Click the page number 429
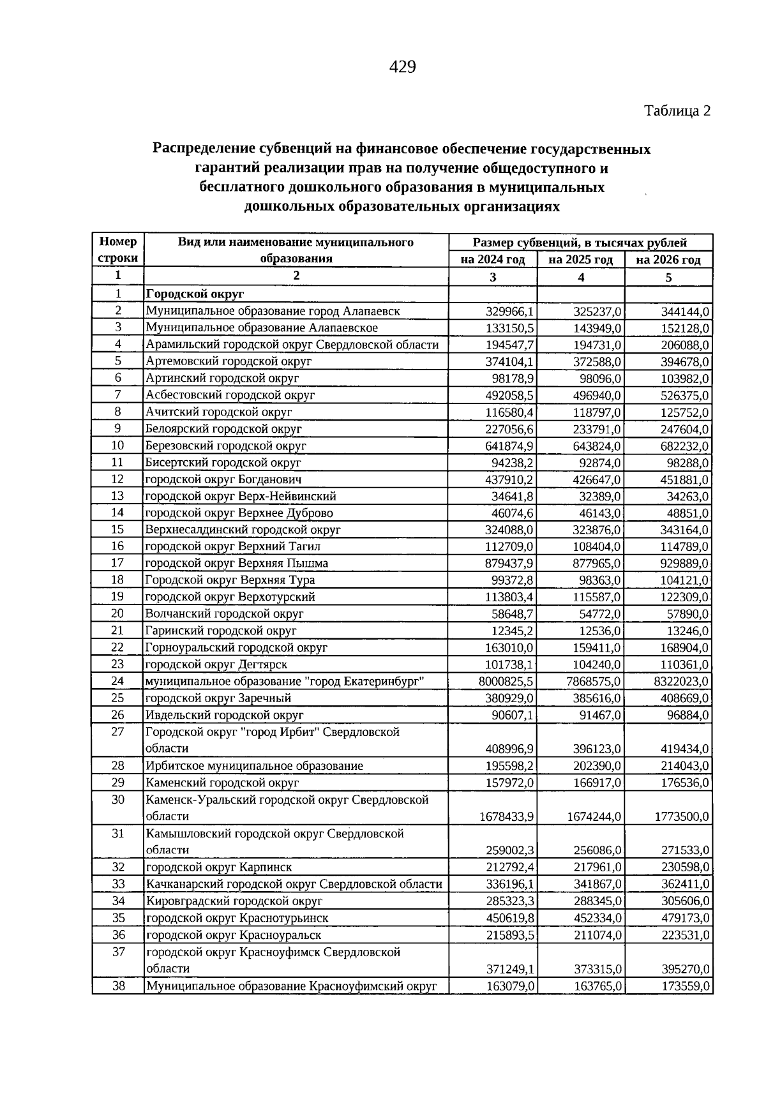(402, 66)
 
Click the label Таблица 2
(677, 111)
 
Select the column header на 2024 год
(493, 260)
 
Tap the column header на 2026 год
(668, 260)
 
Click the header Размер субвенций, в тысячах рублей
(580, 243)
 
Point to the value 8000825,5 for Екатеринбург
(506, 682)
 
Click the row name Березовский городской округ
(226, 446)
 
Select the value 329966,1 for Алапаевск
(509, 312)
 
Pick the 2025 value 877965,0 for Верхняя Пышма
(597, 564)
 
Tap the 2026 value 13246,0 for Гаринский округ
(688, 631)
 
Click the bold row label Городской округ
(195, 294)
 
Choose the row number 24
(117, 681)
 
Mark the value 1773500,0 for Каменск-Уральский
(682, 816)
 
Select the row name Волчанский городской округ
(225, 614)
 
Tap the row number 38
(118, 986)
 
